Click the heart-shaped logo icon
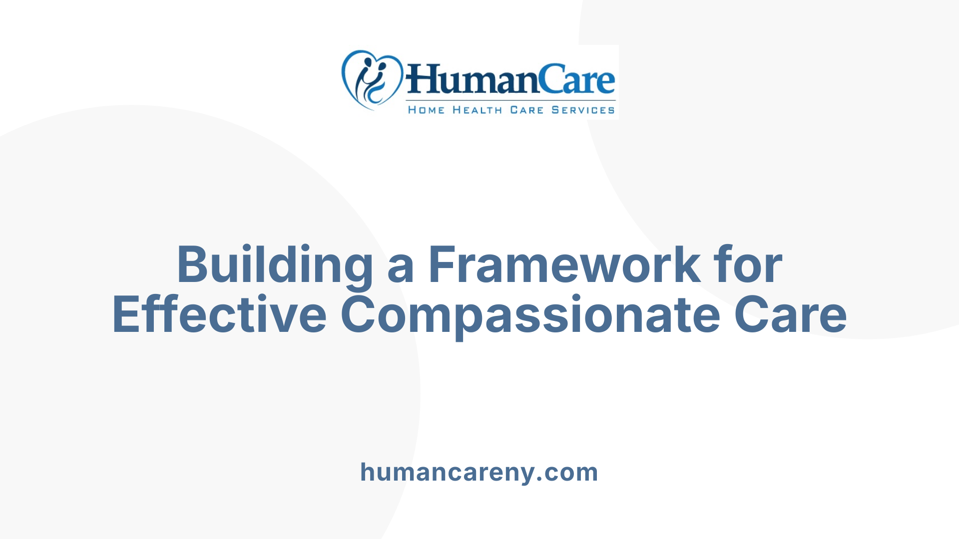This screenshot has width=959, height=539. coord(372,80)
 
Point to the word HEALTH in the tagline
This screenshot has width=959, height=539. coord(478,110)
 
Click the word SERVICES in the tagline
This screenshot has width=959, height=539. coord(583,110)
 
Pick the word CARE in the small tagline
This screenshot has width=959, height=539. coord(526,110)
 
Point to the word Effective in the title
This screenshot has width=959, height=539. coord(220,314)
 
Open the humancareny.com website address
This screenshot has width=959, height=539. coord(479,472)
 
